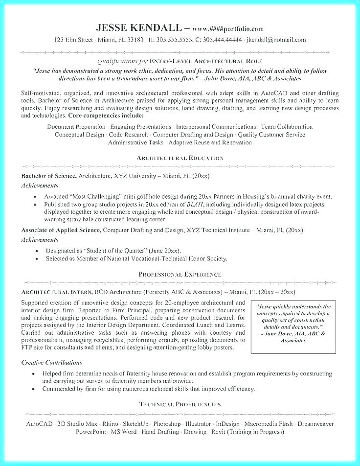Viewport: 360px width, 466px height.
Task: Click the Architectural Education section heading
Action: click(180, 158)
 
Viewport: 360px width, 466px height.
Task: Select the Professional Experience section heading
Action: click(180, 274)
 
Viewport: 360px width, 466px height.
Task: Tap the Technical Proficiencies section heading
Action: click(180, 404)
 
